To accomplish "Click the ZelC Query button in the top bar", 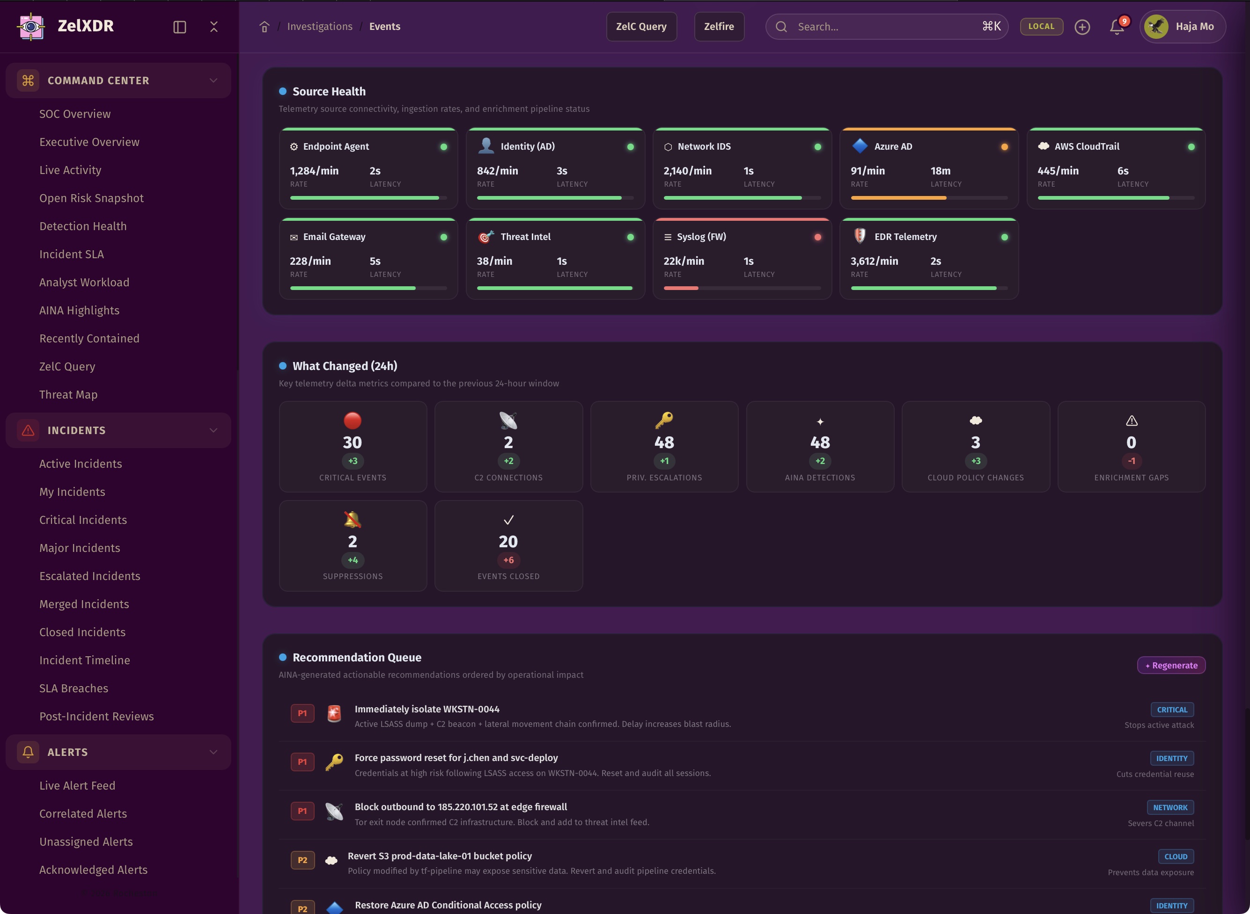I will click(x=641, y=27).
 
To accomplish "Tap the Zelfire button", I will click(x=719, y=27).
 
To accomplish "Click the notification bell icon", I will click(x=1117, y=27).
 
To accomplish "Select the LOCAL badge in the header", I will click(x=1041, y=27).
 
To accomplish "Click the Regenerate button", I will click(x=1171, y=665).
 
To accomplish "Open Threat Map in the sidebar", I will click(x=68, y=394).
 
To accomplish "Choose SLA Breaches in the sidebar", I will click(x=74, y=688).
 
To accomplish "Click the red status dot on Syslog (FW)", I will click(x=817, y=237).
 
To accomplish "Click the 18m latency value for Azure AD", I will click(x=940, y=171).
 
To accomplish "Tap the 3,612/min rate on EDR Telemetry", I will click(x=874, y=261).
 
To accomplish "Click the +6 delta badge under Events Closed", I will click(x=508, y=560).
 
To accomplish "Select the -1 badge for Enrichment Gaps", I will click(x=1131, y=461).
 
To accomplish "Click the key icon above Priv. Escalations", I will click(x=664, y=421).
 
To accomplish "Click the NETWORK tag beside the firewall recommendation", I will click(x=1170, y=808).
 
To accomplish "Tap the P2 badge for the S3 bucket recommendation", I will click(x=302, y=860).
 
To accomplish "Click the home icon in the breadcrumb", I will click(x=264, y=27).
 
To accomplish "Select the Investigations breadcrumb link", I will click(x=319, y=27).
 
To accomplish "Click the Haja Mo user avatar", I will click(x=1156, y=27).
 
